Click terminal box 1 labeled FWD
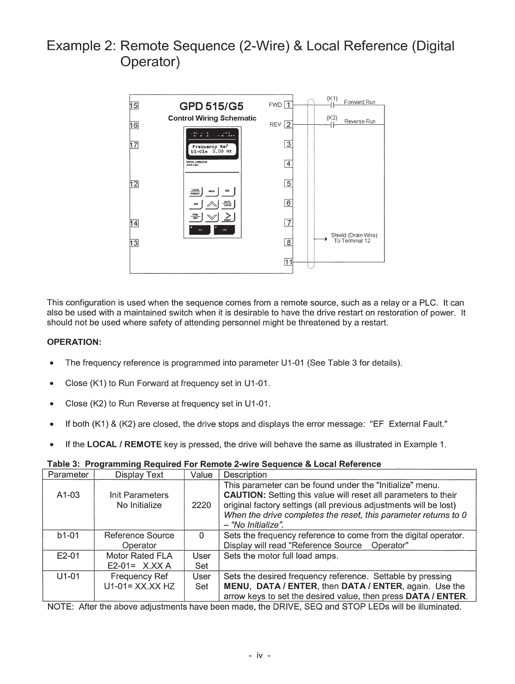[289, 105]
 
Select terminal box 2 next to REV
[289, 125]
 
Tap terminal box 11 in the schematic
[288, 262]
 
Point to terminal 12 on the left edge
[134, 184]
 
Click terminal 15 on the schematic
[134, 106]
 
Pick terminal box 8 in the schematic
[289, 243]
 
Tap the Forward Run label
[359, 102]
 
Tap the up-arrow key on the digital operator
[212, 204]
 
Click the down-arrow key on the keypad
[212, 217]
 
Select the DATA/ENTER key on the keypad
[228, 204]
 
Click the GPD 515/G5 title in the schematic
[211, 106]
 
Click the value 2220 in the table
[201, 505]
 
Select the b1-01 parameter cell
[68, 535]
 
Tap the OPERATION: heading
[74, 342]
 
